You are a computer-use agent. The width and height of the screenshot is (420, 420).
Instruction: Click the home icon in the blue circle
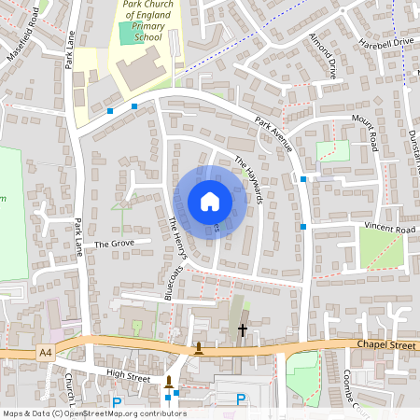click(210, 201)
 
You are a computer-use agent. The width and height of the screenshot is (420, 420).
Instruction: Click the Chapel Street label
click(385, 344)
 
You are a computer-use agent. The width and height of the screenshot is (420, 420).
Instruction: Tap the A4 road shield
click(47, 352)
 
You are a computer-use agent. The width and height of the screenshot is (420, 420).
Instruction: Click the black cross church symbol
click(243, 329)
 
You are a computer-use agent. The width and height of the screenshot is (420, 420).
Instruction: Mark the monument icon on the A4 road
click(199, 348)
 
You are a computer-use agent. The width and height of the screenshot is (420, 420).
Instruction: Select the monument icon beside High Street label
click(169, 380)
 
